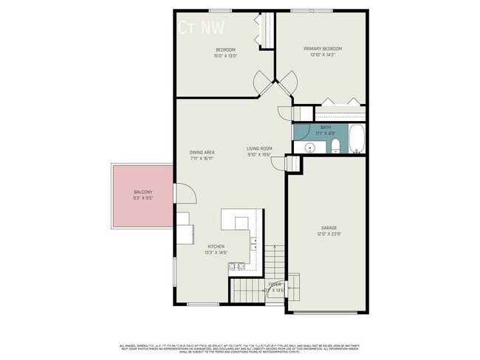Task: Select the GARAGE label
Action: point(329,227)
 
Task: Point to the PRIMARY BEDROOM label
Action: point(323,49)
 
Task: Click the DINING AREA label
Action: point(202,152)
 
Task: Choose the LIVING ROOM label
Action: point(259,148)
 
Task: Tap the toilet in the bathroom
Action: point(335,145)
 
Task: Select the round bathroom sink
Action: point(309,147)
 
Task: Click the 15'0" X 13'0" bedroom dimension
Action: point(224,56)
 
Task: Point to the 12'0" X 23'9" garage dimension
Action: point(329,234)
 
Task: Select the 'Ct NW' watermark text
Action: point(202,27)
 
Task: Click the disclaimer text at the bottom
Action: point(240,348)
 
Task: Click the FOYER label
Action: point(275,284)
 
